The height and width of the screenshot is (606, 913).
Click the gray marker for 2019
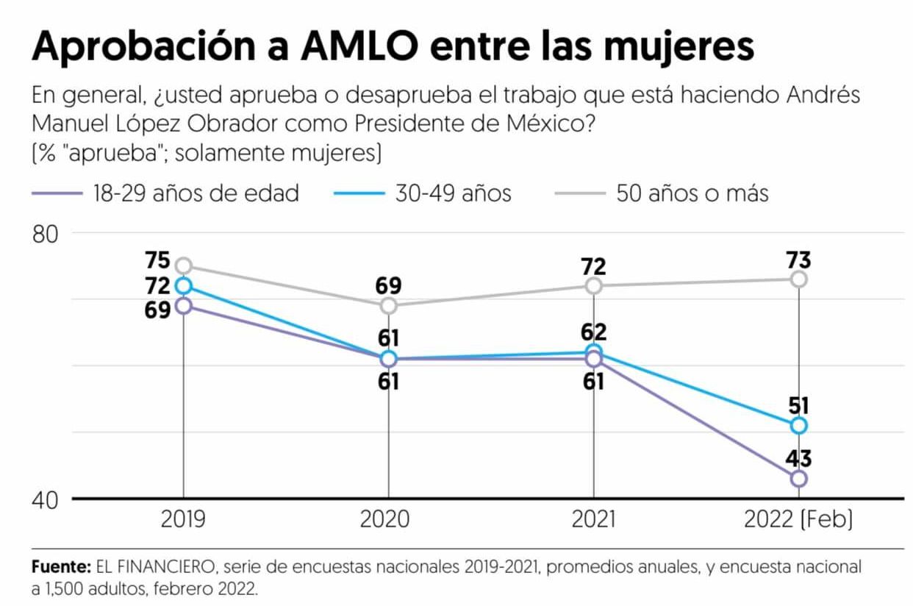pos(183,265)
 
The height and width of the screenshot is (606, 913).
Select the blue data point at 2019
pos(183,285)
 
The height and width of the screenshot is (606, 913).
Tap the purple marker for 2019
pos(183,305)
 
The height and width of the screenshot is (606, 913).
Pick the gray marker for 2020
pos(388,305)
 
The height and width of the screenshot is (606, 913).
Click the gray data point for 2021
pos(593,285)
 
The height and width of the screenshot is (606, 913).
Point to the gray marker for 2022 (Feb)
pos(798,279)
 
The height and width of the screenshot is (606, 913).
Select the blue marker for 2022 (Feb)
pos(798,425)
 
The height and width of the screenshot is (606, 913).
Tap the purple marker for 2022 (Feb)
pos(798,478)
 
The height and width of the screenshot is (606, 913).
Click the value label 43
pos(798,459)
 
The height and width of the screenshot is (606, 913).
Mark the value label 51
pos(798,405)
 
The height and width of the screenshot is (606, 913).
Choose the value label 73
pos(798,260)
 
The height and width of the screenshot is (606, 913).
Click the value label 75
pos(157,261)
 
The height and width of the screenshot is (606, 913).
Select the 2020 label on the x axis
pos(388,520)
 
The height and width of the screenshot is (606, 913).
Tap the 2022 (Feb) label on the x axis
pos(798,520)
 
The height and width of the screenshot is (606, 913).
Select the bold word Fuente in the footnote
pos(61,568)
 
